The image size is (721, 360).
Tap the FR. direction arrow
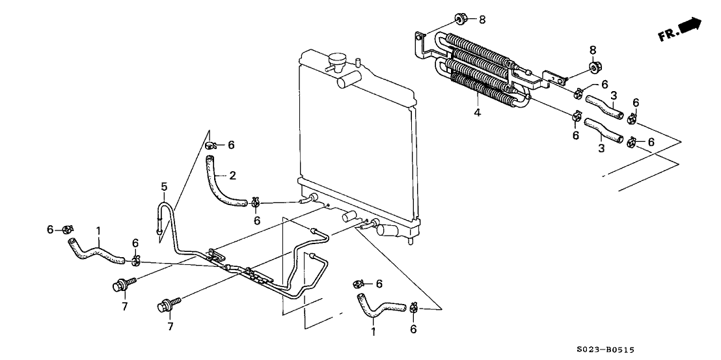click(690, 25)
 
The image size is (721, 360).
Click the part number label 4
click(477, 112)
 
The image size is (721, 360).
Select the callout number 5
click(164, 186)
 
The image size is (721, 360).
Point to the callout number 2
click(233, 175)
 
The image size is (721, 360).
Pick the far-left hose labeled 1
click(94, 251)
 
